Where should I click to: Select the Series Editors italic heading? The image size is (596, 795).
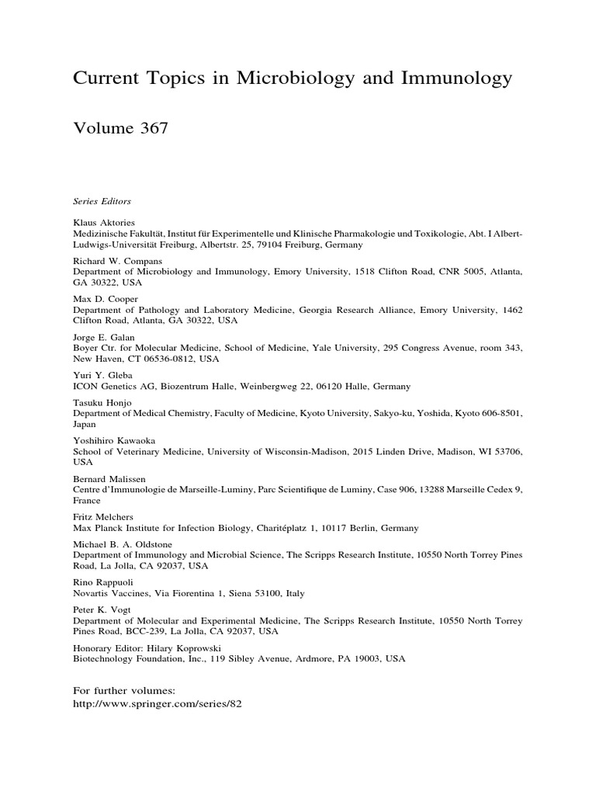(100, 199)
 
